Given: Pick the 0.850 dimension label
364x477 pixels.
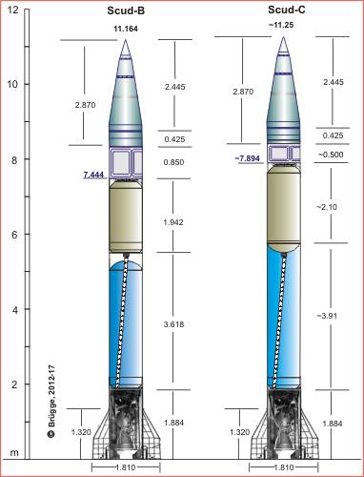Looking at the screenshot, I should (175, 162).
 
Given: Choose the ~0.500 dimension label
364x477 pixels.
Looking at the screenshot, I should (332, 155).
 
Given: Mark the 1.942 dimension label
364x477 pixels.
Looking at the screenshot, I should (175, 221).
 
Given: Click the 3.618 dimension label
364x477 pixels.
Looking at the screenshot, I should (175, 324).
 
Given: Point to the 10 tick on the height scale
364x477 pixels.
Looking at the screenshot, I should (12, 84).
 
